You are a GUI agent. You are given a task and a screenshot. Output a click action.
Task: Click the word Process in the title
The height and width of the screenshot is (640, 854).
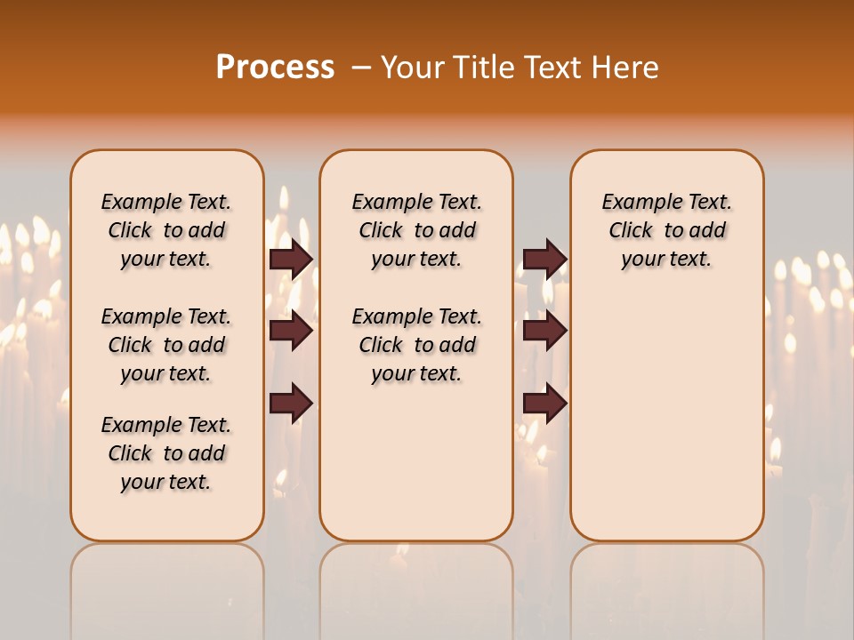275,68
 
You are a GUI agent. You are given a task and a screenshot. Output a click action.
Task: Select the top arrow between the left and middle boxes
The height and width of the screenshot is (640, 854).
291,259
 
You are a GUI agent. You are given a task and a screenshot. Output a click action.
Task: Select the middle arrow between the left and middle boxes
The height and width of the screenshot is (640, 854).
291,331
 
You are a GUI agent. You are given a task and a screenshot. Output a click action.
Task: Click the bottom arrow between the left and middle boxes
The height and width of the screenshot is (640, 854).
291,404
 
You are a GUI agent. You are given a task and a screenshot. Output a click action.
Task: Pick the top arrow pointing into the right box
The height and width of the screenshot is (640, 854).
544,259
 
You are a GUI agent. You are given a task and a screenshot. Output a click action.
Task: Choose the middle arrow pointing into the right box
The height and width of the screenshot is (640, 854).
544,331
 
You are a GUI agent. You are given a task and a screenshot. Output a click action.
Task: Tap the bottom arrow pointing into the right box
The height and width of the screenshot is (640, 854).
544,404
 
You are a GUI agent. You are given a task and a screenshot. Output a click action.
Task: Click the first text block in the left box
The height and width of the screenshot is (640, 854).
166,231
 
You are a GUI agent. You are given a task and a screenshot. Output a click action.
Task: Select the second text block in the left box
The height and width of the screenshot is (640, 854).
166,345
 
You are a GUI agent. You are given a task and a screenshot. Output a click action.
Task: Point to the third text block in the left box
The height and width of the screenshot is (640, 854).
166,453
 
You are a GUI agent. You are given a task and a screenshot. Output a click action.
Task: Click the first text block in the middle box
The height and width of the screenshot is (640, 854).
416,231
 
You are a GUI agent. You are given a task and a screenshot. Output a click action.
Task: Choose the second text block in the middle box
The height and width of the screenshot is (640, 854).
416,345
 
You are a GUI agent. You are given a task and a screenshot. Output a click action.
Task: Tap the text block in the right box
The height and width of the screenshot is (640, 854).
666,231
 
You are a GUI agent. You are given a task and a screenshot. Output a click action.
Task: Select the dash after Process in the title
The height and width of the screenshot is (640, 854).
360,68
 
